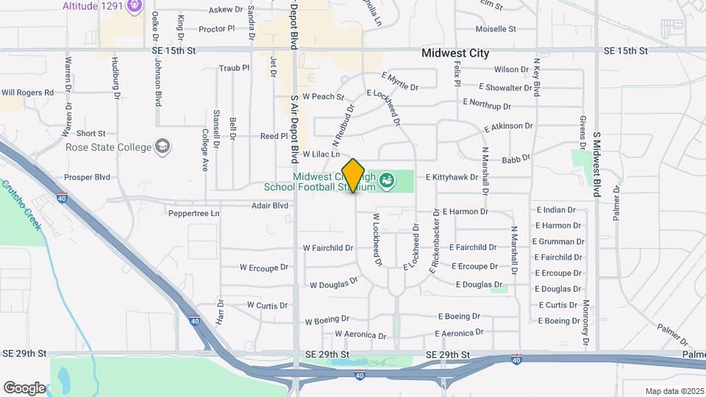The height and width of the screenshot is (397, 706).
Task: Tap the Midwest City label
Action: coord(455,54)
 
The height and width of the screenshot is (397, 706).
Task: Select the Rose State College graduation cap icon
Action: coord(162,147)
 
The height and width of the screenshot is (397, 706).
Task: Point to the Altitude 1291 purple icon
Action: coord(134,7)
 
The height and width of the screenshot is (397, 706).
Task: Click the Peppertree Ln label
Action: coord(195,213)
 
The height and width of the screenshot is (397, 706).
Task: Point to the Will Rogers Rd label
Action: coord(28,93)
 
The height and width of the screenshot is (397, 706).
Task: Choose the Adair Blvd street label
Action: coord(270,205)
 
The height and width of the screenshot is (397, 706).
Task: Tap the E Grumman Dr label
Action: coord(560,241)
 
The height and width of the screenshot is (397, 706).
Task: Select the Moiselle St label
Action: coord(496,29)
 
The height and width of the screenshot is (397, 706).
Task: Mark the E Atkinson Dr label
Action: coord(508,127)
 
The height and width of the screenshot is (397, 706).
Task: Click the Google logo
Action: coord(24,387)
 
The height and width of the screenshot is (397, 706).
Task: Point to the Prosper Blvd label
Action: coord(87,177)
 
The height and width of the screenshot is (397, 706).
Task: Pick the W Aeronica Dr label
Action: coord(360,335)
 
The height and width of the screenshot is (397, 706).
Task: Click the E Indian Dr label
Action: coord(556,210)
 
